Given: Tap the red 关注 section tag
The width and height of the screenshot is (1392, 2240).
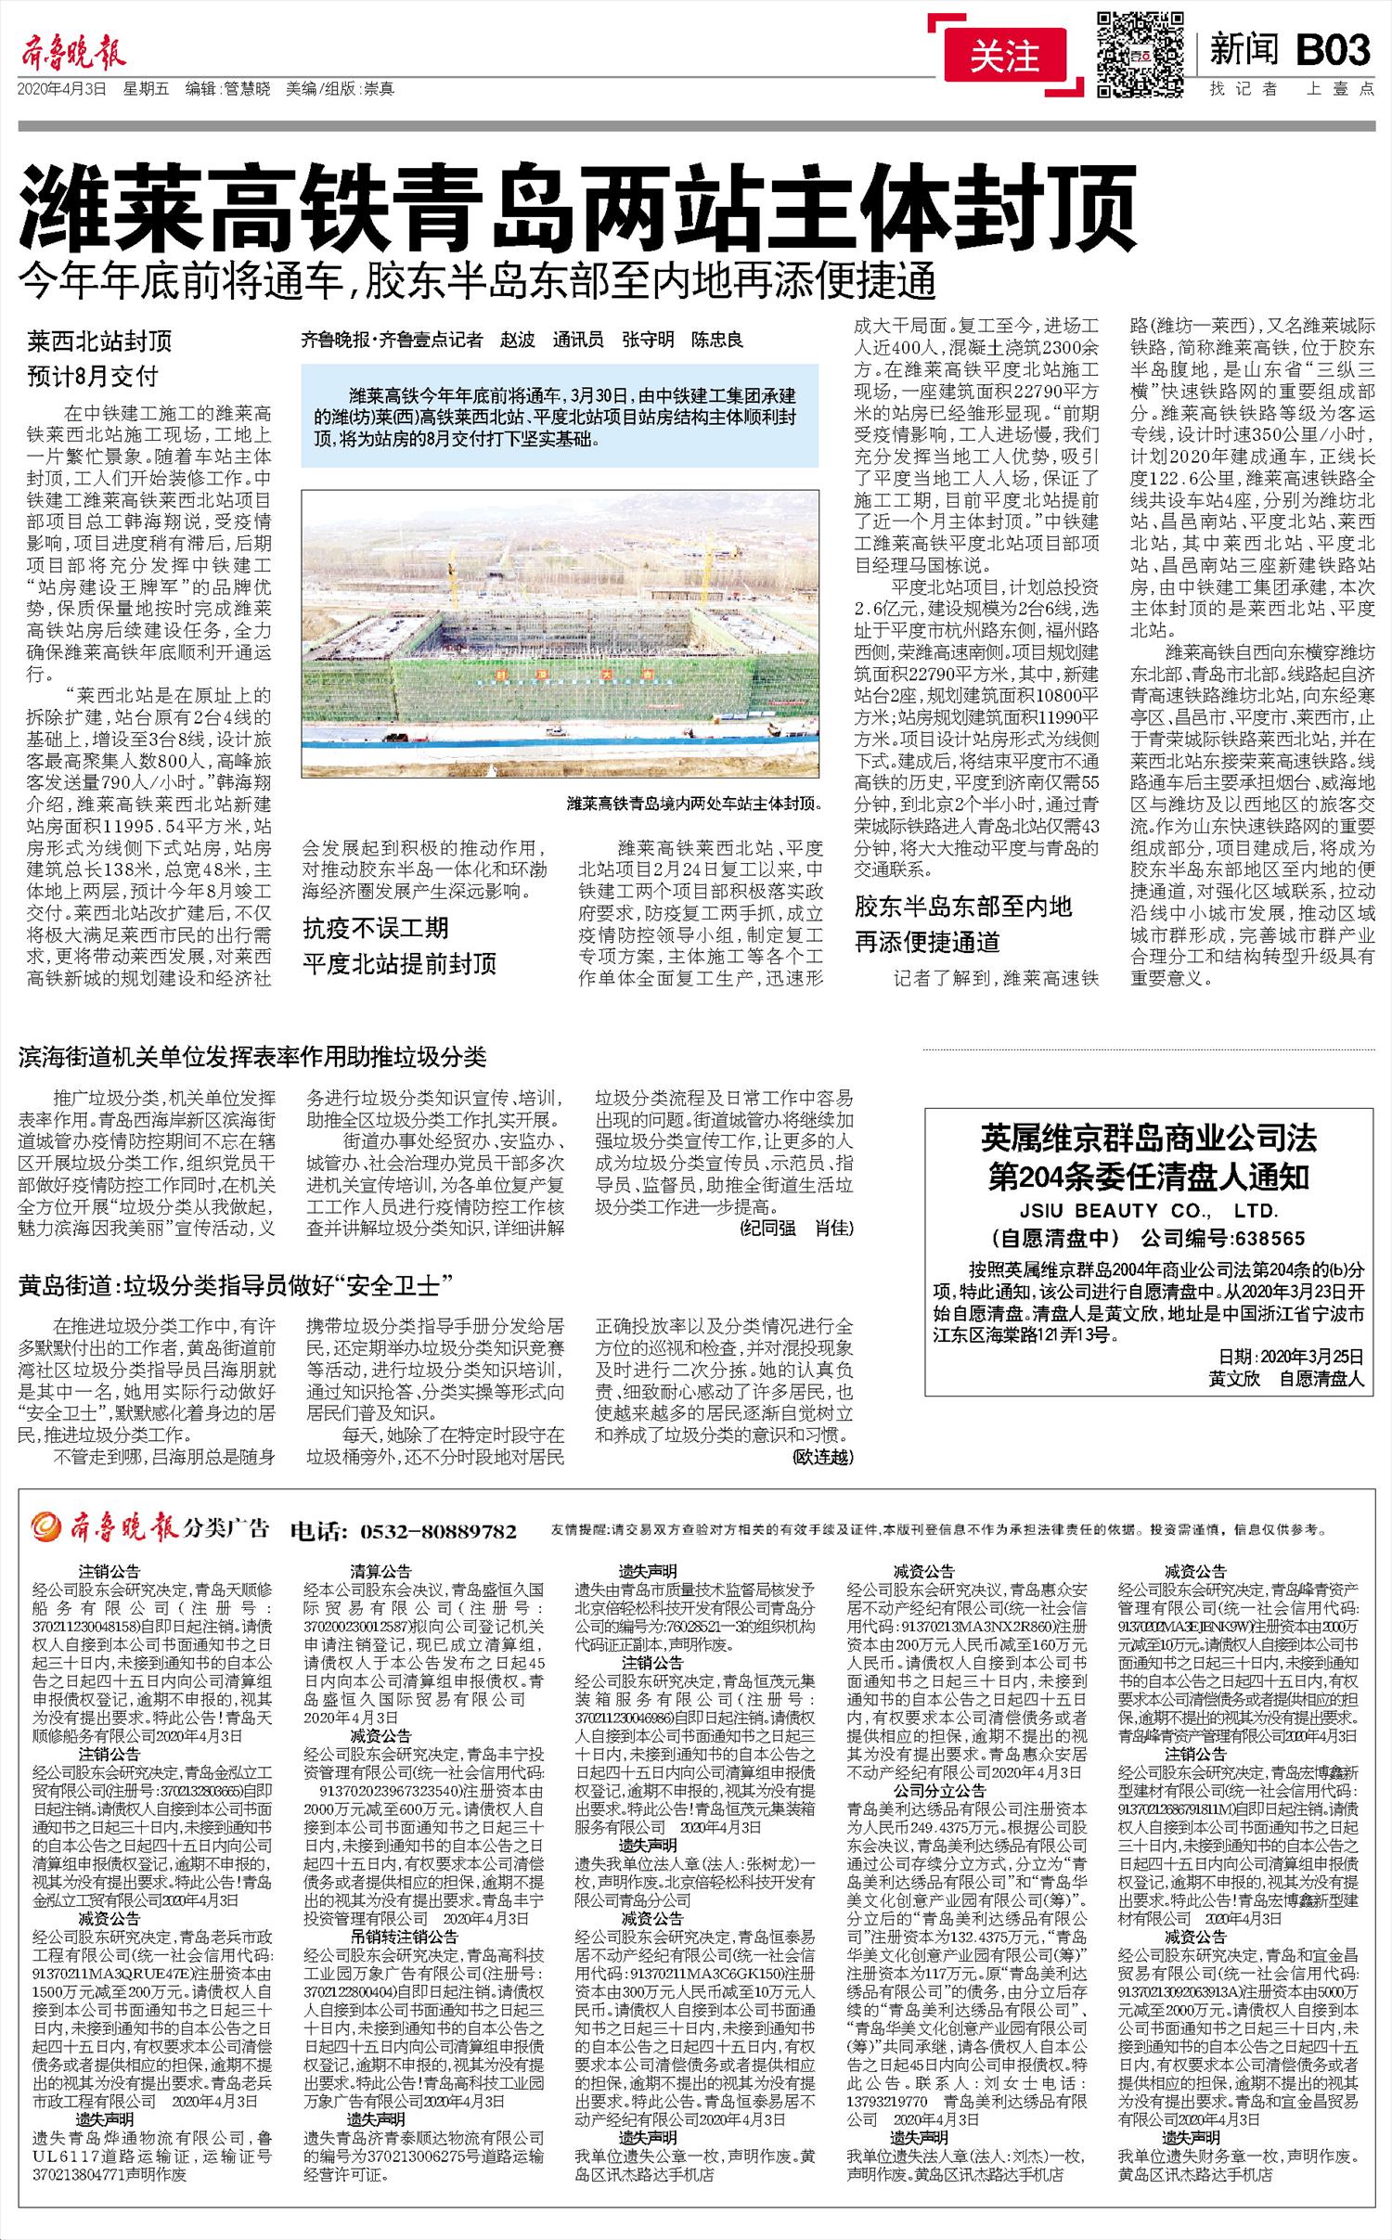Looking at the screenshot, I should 1004,58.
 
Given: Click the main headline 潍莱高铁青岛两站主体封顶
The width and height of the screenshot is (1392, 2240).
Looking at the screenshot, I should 579,206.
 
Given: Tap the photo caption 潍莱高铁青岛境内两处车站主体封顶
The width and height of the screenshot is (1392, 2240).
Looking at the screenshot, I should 694,804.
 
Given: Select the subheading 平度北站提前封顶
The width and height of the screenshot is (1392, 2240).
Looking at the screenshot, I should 400,962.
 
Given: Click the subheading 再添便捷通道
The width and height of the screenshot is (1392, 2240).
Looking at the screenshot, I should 927,944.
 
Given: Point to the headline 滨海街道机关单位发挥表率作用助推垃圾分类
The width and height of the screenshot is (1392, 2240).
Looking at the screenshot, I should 252,1057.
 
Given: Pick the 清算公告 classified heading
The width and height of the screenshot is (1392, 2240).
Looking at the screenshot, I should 380,1572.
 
